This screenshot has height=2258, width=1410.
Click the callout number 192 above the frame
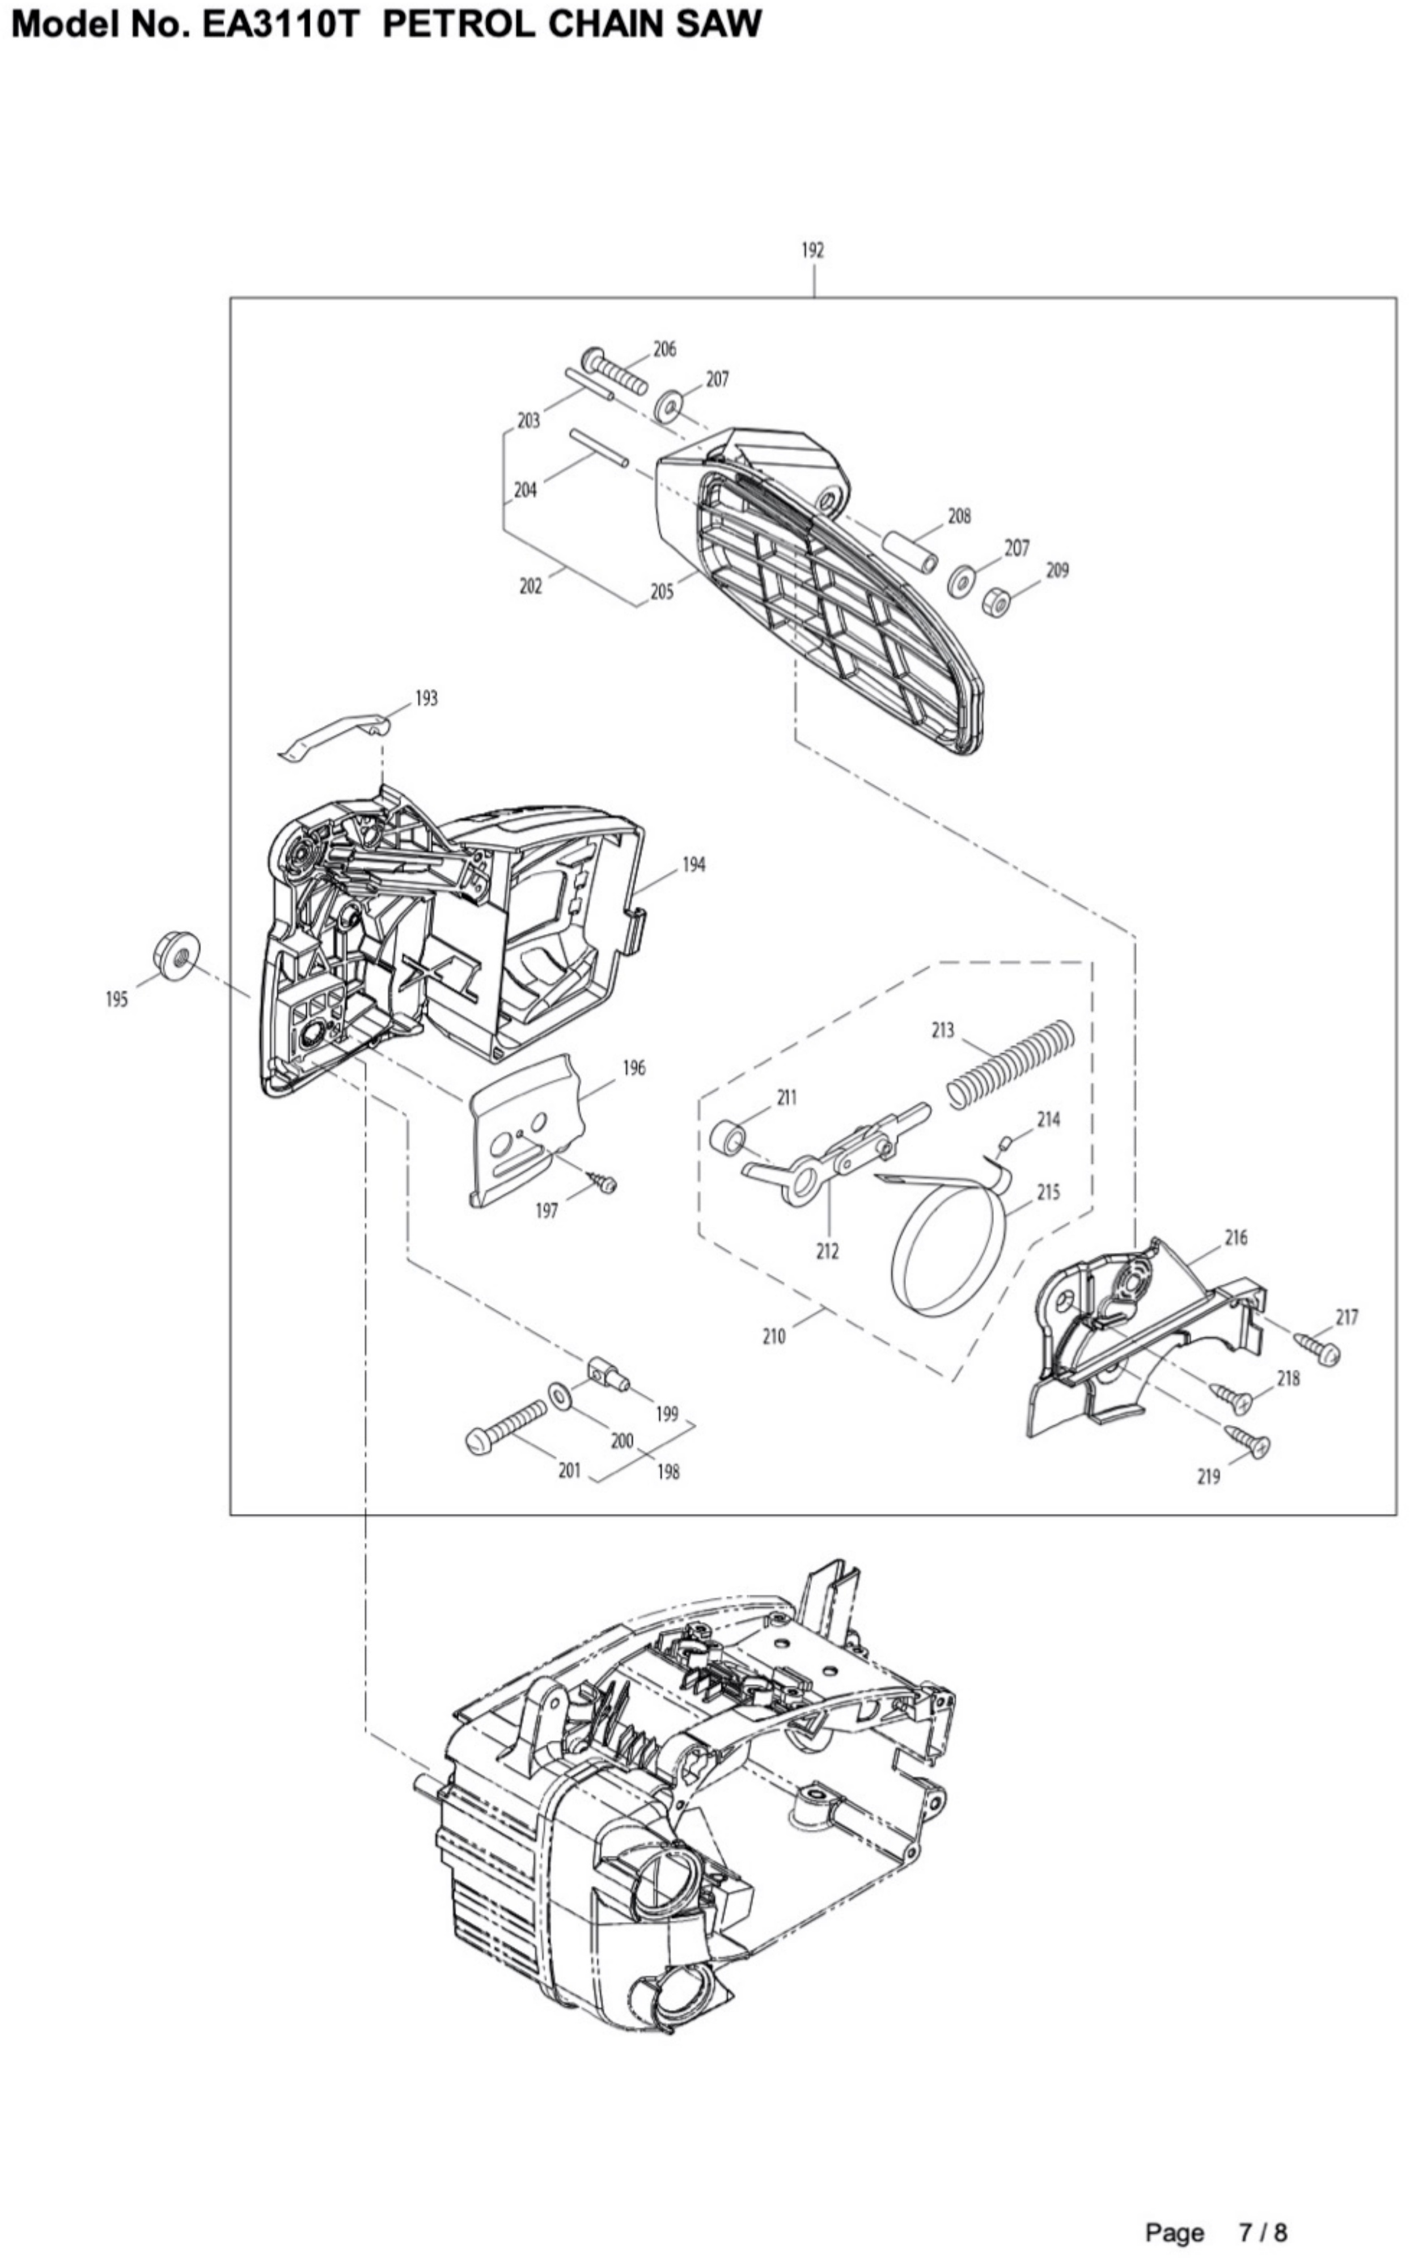pyautogui.click(x=812, y=250)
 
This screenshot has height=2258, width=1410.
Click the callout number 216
pyautogui.click(x=1235, y=1238)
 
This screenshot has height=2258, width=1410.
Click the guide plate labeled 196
pyautogui.click(x=527, y=1130)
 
